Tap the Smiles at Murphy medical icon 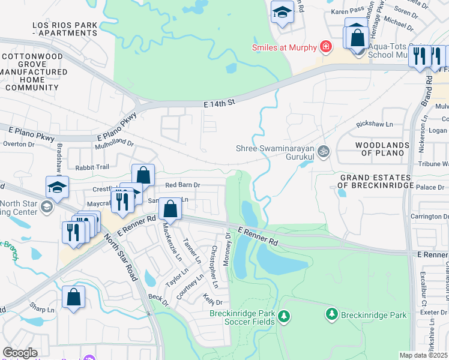326,46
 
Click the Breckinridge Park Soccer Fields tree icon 283,315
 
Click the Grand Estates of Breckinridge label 377,182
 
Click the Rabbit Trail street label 93,167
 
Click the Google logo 20,353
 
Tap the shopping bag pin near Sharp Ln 73,296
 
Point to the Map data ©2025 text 423,355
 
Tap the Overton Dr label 19,144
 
